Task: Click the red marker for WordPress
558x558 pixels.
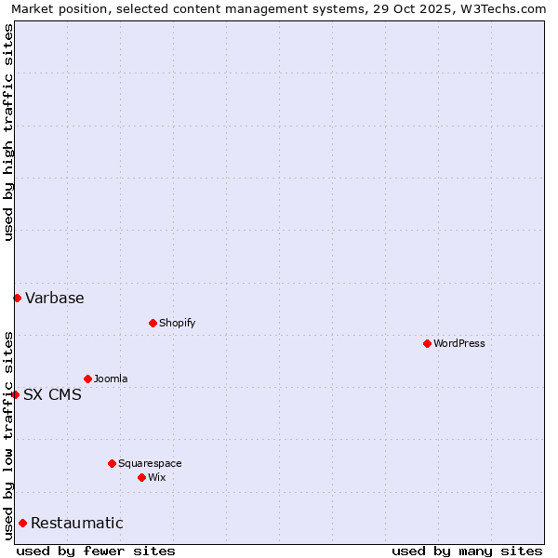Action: (x=427, y=343)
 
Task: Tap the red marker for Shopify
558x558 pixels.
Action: (x=153, y=323)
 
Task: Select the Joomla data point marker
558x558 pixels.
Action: (x=87, y=379)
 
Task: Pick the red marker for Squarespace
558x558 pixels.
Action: (x=112, y=463)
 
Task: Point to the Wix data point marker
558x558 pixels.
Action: (x=141, y=477)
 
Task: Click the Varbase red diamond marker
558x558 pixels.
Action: (x=17, y=298)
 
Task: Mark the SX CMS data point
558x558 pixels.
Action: (x=15, y=394)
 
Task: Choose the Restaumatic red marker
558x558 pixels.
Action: (x=22, y=523)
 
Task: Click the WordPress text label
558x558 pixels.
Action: (x=459, y=343)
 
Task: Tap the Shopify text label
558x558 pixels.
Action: (x=177, y=323)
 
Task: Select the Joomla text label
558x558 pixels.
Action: (x=111, y=379)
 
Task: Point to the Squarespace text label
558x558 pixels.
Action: (x=150, y=463)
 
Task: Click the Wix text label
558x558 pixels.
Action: (x=156, y=477)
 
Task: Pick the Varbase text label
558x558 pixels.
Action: (x=55, y=298)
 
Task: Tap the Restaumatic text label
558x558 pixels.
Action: (x=77, y=523)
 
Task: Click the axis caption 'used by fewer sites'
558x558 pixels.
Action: (x=96, y=551)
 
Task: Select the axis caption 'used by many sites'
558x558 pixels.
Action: (x=467, y=551)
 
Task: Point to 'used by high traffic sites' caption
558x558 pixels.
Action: (x=8, y=132)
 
